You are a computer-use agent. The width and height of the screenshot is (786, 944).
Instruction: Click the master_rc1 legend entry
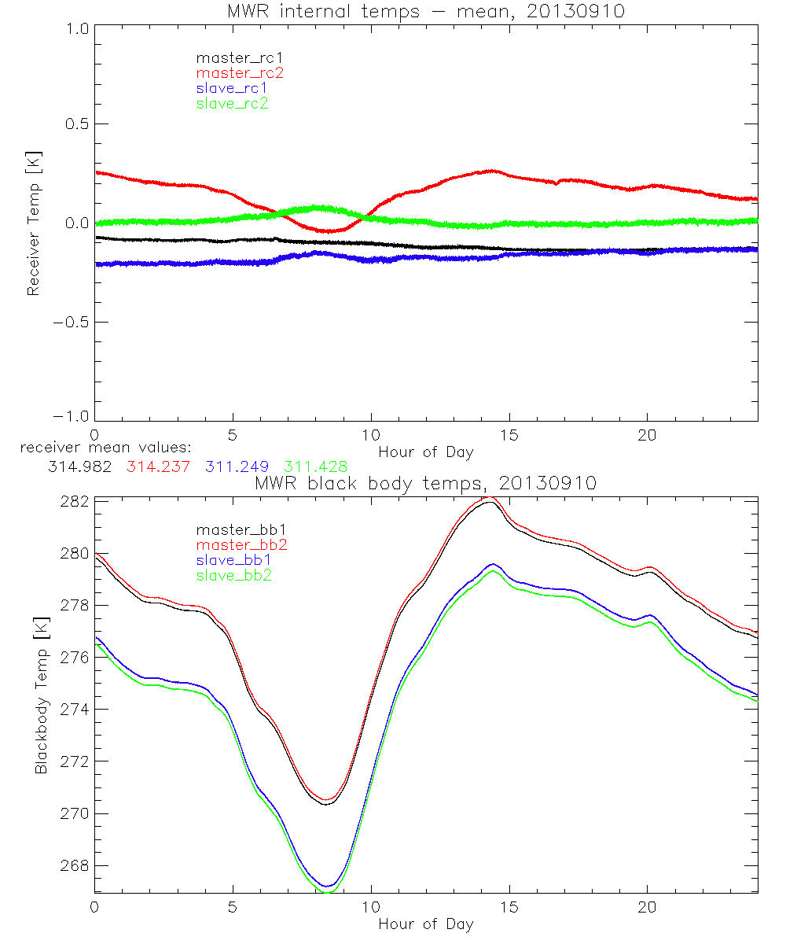coord(233,57)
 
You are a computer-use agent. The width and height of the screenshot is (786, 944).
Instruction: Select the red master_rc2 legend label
coord(240,72)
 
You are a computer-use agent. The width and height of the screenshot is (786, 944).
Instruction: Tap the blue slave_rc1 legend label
coord(232,87)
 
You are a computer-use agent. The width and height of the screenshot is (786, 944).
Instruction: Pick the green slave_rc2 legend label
coord(232,103)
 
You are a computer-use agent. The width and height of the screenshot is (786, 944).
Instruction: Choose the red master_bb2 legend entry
coord(242,544)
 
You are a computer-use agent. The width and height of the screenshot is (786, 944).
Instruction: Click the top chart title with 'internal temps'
coord(426,11)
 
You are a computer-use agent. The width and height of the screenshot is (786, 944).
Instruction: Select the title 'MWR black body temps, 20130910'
coord(426,483)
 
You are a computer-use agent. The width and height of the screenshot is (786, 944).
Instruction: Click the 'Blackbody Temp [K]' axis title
coord(41,695)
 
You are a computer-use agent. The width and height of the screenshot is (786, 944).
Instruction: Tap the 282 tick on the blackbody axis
coord(75,501)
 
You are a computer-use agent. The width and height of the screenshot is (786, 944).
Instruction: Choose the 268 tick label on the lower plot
coord(75,865)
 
